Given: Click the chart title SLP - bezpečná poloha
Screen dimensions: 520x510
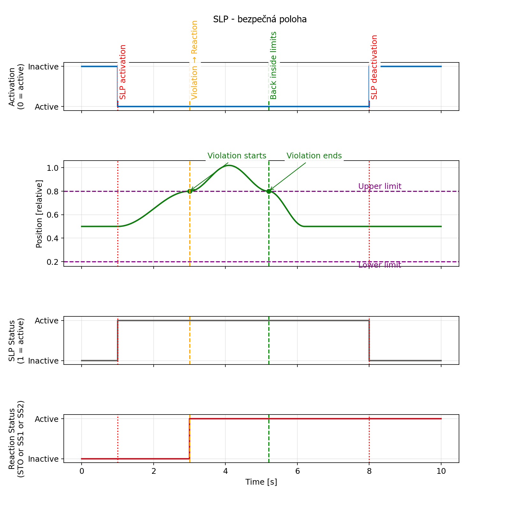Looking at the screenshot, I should [x=260, y=19].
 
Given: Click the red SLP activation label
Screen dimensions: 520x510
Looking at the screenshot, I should [x=123, y=72].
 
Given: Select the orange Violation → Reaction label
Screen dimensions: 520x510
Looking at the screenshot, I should [x=194, y=60].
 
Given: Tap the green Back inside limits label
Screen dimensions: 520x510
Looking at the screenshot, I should [x=273, y=65].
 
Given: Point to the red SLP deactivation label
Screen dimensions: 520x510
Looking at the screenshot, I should [x=375, y=67].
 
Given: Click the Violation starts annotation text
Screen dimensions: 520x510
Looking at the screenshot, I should [x=237, y=156].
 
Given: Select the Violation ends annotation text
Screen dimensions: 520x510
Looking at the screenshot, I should [x=314, y=156].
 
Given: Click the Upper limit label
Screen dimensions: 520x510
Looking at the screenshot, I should [x=380, y=186].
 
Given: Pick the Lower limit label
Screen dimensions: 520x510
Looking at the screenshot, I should [x=380, y=265].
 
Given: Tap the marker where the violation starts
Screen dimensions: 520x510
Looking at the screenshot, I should [x=190, y=191].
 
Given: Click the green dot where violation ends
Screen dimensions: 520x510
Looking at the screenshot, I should [x=269, y=191].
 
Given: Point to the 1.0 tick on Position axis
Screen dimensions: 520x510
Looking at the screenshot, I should [x=53, y=168].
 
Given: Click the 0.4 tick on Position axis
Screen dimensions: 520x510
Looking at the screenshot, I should [x=53, y=238].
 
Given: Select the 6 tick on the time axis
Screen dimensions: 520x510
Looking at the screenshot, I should [x=297, y=471].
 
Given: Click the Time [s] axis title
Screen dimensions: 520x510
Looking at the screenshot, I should [x=261, y=482].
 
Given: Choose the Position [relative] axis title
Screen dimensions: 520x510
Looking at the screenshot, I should [x=39, y=214].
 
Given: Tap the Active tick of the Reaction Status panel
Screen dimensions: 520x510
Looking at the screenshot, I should [x=47, y=419].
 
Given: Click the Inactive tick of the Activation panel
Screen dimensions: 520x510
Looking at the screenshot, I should [x=43, y=67].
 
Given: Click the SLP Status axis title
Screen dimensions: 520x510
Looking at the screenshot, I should [x=16, y=341].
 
